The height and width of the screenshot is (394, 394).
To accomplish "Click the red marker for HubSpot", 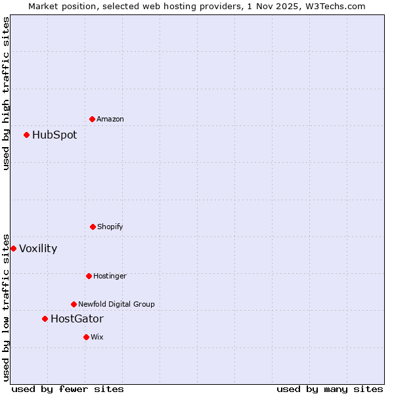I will [x=27, y=135].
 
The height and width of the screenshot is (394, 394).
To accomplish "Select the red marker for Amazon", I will [x=93, y=119].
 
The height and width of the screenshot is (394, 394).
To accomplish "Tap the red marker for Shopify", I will [x=93, y=227].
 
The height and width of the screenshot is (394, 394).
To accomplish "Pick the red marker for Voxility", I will [x=14, y=248].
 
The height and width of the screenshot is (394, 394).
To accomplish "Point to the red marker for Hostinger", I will [x=89, y=276].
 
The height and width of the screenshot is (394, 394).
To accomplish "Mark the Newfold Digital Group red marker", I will [x=74, y=304].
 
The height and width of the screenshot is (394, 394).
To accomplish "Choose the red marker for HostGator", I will [x=45, y=319].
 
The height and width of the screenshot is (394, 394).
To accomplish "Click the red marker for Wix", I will [x=86, y=337].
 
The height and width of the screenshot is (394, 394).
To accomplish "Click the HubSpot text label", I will [x=55, y=135].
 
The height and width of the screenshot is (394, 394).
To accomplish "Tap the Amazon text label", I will [x=110, y=120].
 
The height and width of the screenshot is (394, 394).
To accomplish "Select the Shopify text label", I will [x=110, y=227].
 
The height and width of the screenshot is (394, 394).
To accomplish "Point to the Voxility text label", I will [x=38, y=249].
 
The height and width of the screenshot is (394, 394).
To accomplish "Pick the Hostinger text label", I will [x=110, y=276].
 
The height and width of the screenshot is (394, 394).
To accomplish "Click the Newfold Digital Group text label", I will [x=116, y=305].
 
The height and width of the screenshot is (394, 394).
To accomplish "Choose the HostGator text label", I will [x=77, y=319].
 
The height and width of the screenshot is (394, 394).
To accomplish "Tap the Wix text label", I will [x=97, y=338].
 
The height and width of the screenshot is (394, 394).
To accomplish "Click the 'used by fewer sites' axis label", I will [x=68, y=389].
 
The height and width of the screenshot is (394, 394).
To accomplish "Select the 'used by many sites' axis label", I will [x=330, y=389].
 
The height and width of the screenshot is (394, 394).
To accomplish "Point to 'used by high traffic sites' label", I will [x=7, y=93].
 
